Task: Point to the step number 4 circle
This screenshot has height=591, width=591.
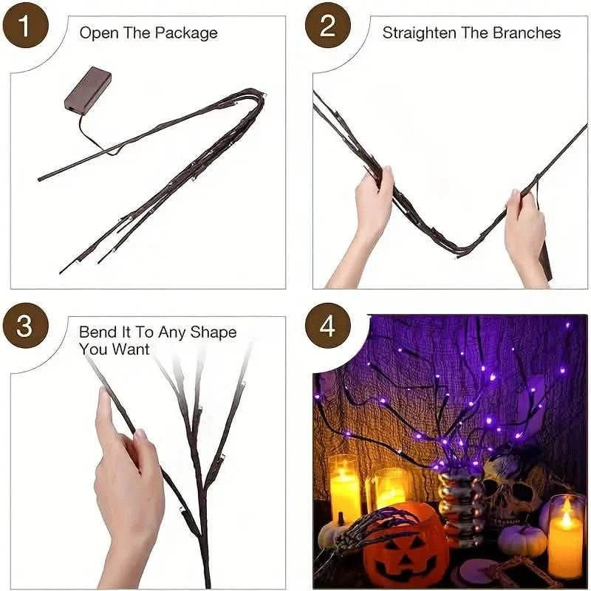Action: [x=328, y=326]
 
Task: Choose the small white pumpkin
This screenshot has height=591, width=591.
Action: [x=522, y=539]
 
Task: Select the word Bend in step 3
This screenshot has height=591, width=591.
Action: [x=98, y=332]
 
